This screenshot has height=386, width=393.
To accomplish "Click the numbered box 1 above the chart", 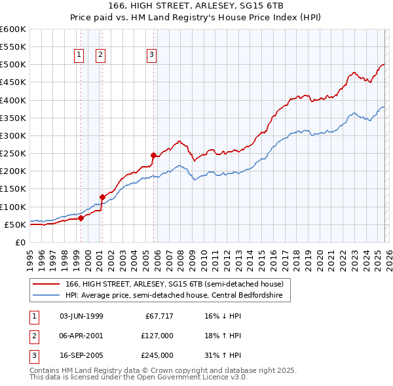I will click(x=79, y=56).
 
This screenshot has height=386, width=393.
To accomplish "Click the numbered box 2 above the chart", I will click(x=101, y=56).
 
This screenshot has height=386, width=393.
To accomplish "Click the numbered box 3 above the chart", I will click(x=151, y=56).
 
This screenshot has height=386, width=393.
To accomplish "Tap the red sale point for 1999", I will click(x=81, y=219).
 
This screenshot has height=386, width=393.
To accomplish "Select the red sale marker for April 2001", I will click(x=102, y=197).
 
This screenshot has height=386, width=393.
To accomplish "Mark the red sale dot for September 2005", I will click(x=154, y=156).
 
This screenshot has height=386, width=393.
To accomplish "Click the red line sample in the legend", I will click(x=47, y=285).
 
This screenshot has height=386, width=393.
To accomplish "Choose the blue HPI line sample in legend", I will click(x=47, y=296).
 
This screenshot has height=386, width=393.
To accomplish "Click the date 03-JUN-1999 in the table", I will click(x=81, y=316).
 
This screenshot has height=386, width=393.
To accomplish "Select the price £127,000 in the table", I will click(x=157, y=336).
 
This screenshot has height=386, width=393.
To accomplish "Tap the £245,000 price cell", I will click(x=157, y=356).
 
